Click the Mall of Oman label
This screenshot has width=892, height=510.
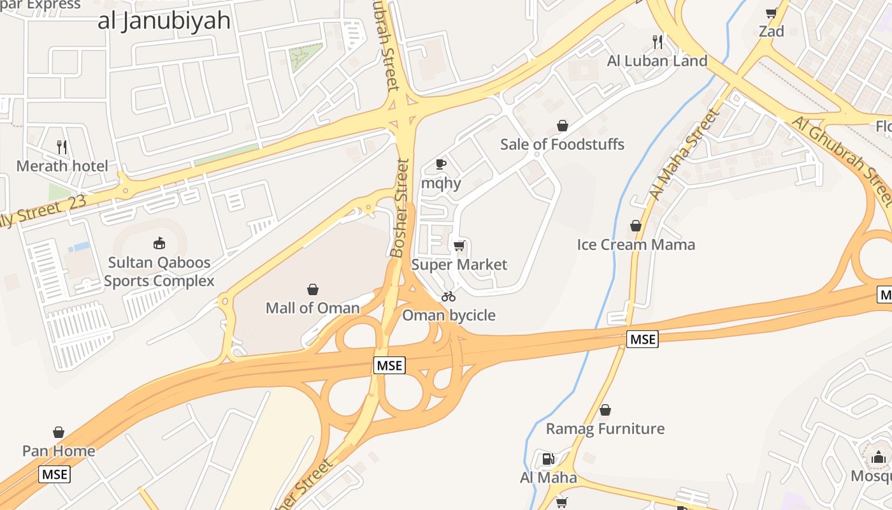[x=312, y=308]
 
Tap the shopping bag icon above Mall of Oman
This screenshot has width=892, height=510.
[x=313, y=289]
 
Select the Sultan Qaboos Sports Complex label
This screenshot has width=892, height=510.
[x=159, y=272]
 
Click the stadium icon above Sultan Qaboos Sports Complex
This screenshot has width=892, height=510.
[x=159, y=243]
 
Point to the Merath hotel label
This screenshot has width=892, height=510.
[x=62, y=166]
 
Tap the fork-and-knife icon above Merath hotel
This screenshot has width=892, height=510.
[x=62, y=147]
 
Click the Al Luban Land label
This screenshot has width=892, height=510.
[x=657, y=61]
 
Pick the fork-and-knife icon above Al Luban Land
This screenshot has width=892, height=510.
[x=658, y=42]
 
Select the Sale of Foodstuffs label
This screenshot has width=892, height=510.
[x=562, y=144]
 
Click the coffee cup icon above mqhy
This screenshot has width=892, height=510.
[x=440, y=164]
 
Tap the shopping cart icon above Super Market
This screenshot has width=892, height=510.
[x=459, y=246]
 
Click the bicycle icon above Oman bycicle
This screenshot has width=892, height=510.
[x=449, y=296]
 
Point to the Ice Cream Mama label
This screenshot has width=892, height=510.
[x=635, y=245]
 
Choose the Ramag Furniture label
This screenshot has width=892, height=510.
[x=605, y=429]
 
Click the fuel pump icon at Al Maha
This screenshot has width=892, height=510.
[x=547, y=459]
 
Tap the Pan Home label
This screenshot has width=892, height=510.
[x=59, y=451]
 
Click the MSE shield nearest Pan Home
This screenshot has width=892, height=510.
[x=54, y=474]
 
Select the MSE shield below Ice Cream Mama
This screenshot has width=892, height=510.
[x=642, y=339]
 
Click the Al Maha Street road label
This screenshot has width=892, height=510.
[x=685, y=155]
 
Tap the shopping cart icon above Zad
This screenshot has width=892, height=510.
[x=771, y=13]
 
